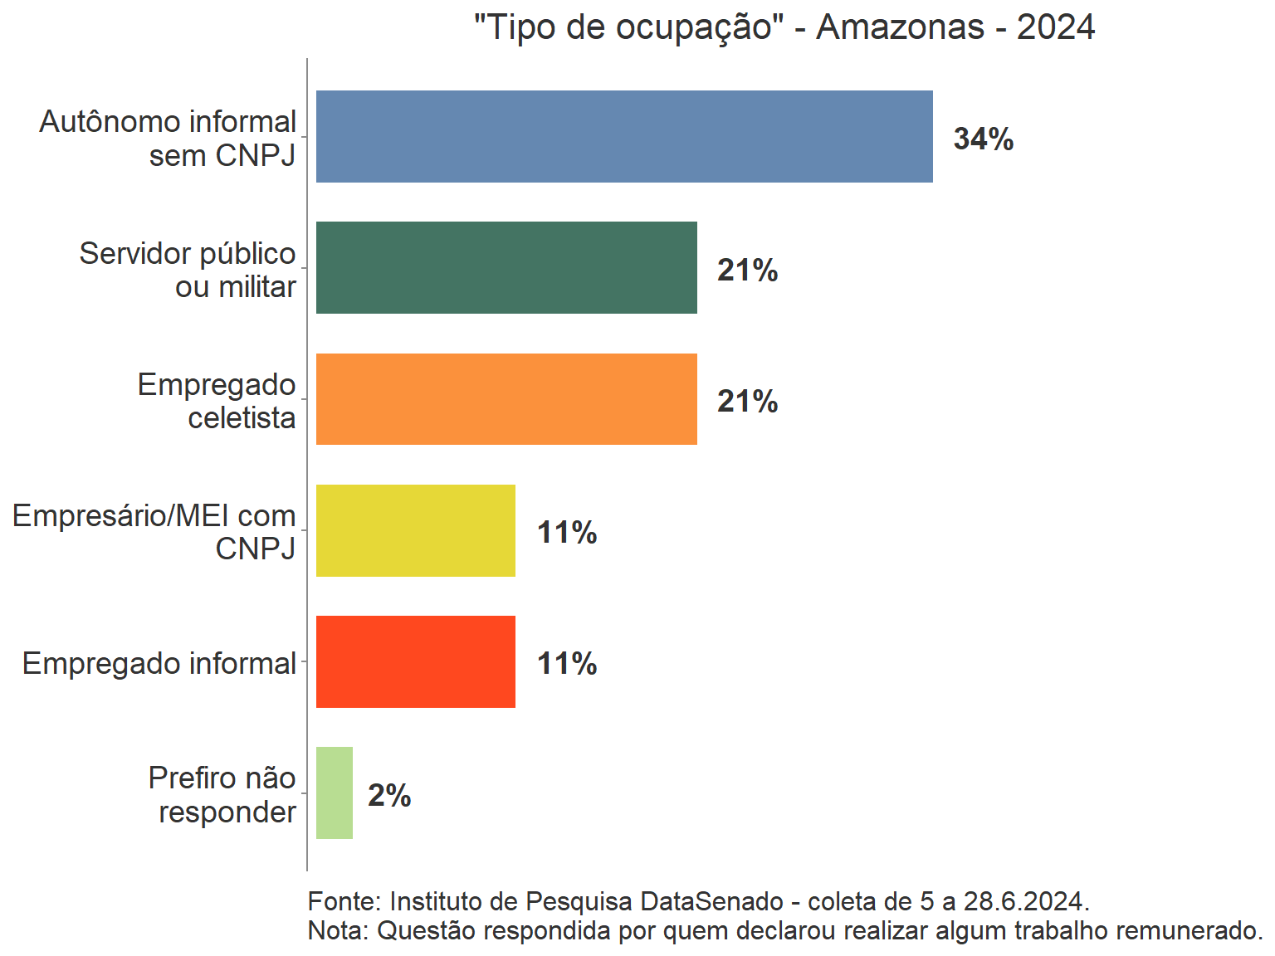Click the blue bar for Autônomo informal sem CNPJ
point(624,136)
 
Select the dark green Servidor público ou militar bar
point(506,267)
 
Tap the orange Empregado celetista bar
point(506,399)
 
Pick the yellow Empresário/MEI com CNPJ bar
point(415,530)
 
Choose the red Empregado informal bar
point(415,661)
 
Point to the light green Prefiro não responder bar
point(335,793)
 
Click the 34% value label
point(984,139)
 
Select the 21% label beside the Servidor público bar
point(748,270)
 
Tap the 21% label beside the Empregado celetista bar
point(748,401)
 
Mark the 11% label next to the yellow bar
point(567,532)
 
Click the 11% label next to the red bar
point(567,663)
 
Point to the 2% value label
point(389,795)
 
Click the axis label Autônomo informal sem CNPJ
point(168,138)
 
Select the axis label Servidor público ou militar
point(188,270)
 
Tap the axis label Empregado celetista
point(217,401)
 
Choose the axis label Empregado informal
point(159,663)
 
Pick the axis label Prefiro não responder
point(222,794)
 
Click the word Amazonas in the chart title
point(901,27)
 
